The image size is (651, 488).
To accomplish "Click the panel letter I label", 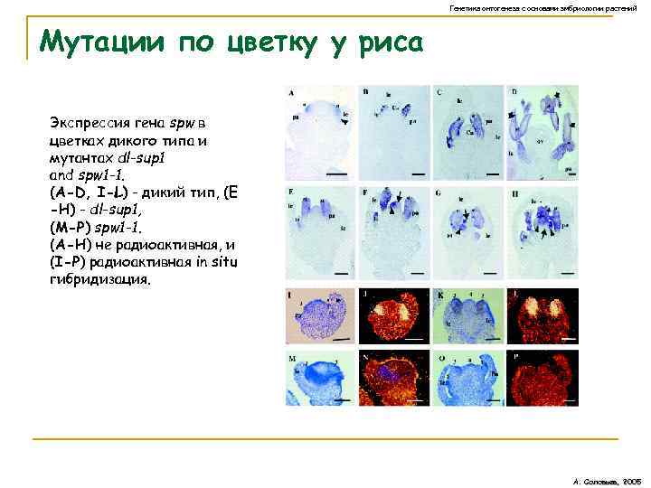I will (290, 295).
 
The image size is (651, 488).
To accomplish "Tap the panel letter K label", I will (439, 295).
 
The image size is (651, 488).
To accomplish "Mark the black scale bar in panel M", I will (343, 398).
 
